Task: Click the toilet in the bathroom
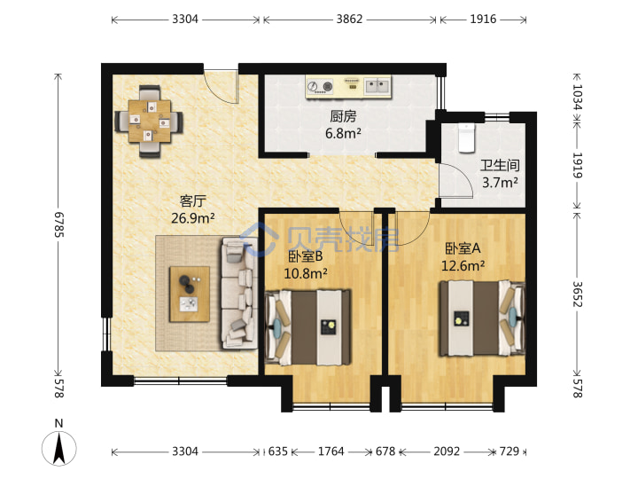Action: (x=466, y=138)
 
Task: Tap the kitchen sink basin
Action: (x=377, y=85)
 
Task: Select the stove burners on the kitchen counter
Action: (x=320, y=86)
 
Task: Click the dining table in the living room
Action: (x=150, y=122)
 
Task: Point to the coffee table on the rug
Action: (x=190, y=294)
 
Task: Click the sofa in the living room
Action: (x=239, y=294)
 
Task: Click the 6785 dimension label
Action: (x=59, y=224)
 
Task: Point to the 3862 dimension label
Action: (x=349, y=20)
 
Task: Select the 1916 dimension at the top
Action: (x=483, y=20)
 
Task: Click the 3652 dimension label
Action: (x=578, y=294)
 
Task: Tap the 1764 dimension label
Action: (x=331, y=452)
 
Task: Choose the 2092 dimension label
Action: (x=447, y=452)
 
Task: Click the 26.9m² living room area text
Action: (x=193, y=218)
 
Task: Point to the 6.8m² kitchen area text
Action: (x=343, y=133)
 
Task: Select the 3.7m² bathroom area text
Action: (x=500, y=183)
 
